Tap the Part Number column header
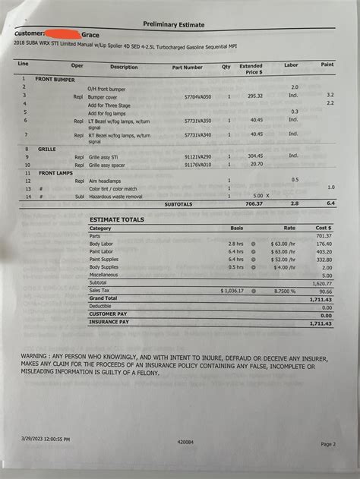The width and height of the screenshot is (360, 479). pyautogui.click(x=187, y=67)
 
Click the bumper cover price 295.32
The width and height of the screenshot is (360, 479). pyautogui.click(x=255, y=96)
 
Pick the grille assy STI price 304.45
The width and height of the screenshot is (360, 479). pyautogui.click(x=255, y=156)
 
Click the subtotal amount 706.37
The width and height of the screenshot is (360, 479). pyautogui.click(x=254, y=204)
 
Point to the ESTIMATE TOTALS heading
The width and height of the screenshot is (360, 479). pyautogui.click(x=117, y=219)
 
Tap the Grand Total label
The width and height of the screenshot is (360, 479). pyautogui.click(x=105, y=299)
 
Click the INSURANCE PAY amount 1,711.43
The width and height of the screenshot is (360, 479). pyautogui.click(x=321, y=323)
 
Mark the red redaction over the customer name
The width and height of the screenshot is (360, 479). pyautogui.click(x=63, y=34)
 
